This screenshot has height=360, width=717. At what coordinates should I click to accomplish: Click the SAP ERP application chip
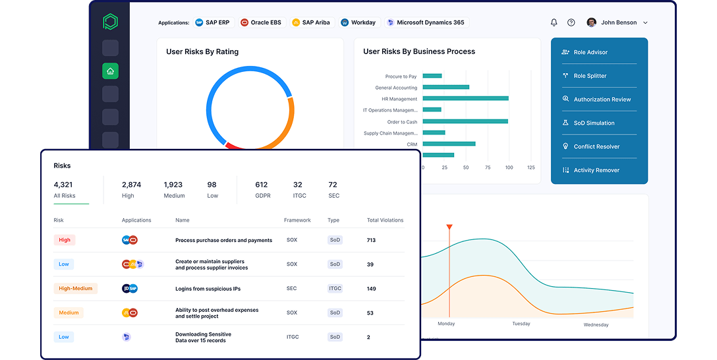point(214,22)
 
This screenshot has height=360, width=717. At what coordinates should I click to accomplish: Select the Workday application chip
point(358,22)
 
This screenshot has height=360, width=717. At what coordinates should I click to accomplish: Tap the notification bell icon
point(554,22)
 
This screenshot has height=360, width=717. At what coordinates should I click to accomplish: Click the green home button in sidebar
point(110,71)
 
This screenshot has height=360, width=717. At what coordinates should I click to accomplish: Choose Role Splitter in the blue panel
point(590,76)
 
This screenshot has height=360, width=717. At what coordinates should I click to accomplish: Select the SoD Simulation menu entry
point(594,123)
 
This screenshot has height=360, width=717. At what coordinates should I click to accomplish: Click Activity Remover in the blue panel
point(596,170)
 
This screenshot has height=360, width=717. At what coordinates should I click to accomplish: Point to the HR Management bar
point(465,99)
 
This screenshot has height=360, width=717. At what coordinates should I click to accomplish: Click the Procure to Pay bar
point(432,76)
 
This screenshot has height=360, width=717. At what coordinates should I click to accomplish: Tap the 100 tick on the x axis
point(509,168)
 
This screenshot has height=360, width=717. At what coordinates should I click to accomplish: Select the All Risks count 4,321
point(64,185)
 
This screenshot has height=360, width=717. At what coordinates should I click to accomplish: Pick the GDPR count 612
point(262,185)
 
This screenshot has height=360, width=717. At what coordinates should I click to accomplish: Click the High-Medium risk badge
point(75,288)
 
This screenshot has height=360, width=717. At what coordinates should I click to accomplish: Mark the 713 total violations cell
point(371,240)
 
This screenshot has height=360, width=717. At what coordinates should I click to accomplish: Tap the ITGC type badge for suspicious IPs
point(335,288)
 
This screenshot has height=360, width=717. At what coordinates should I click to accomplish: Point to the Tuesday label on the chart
point(521,324)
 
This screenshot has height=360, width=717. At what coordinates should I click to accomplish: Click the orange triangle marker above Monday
point(449,227)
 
